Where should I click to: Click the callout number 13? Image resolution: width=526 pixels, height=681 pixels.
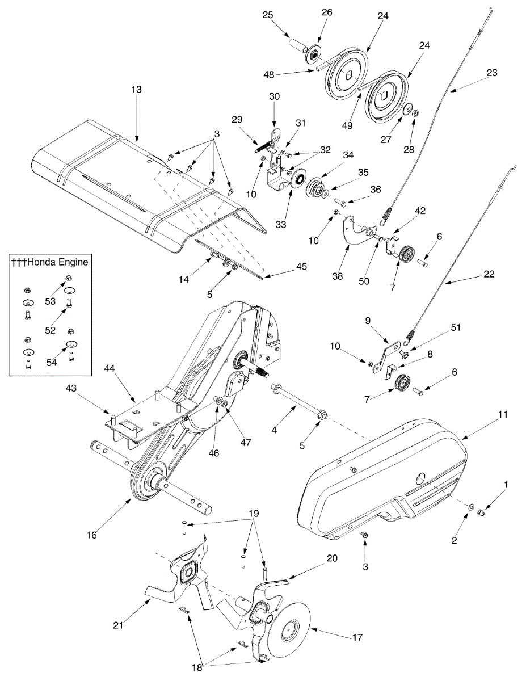[x=136, y=90]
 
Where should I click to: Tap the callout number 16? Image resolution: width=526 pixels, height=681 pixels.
[x=92, y=535]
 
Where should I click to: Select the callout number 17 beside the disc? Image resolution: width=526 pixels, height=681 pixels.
[x=357, y=637]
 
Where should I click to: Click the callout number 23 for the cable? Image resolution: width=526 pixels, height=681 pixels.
[x=492, y=73]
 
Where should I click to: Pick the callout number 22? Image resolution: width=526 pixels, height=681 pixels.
[x=490, y=274]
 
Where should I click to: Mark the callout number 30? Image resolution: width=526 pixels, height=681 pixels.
[x=274, y=97]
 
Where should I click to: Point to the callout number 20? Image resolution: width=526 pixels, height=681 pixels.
[x=332, y=558]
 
